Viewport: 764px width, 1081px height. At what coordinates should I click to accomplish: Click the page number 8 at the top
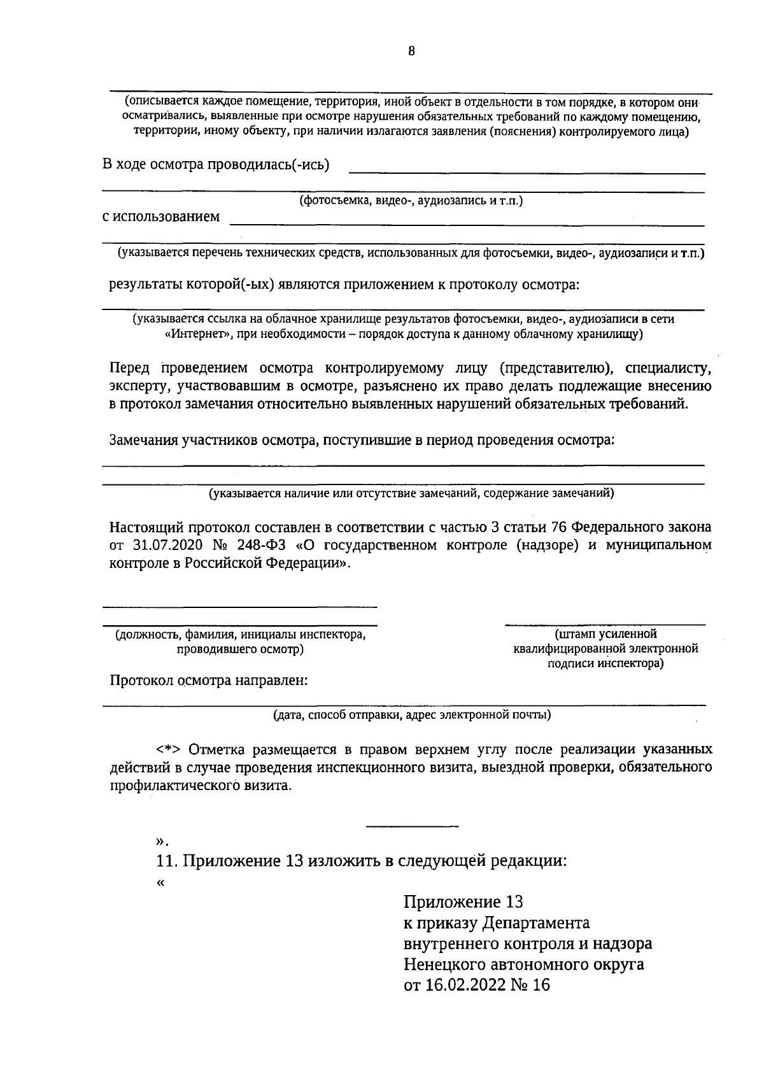click(411, 52)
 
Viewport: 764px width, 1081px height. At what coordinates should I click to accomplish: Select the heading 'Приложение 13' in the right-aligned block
click(463, 902)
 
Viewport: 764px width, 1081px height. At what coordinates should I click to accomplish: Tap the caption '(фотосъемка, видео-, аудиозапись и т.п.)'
click(411, 201)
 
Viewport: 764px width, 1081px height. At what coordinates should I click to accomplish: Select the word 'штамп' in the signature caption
click(574, 634)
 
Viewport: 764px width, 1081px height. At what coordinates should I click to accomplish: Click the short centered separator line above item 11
click(412, 826)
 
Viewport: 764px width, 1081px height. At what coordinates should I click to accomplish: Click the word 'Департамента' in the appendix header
click(535, 923)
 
